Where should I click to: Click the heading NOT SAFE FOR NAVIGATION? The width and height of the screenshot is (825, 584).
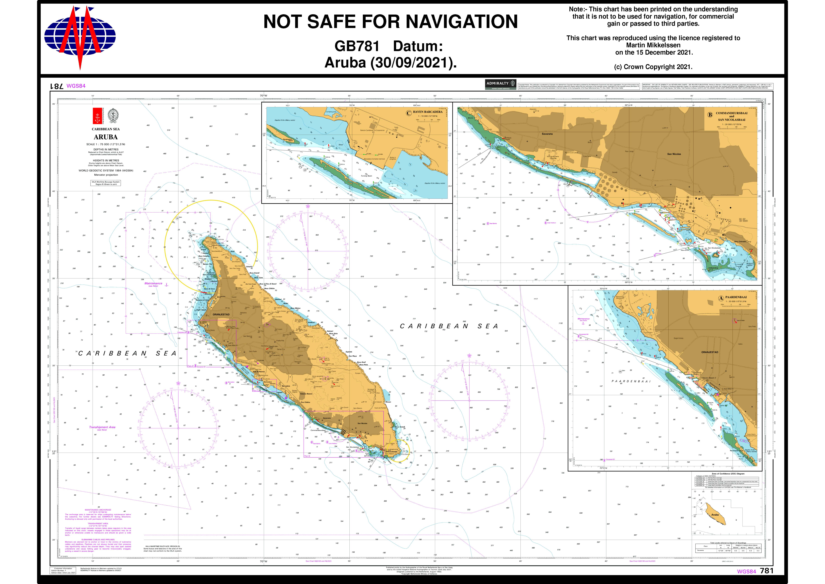click(x=391, y=22)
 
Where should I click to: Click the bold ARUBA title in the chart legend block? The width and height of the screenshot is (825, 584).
click(x=106, y=137)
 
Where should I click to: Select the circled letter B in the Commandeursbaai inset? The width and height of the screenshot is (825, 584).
click(x=710, y=115)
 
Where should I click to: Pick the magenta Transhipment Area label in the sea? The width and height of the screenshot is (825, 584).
click(x=102, y=427)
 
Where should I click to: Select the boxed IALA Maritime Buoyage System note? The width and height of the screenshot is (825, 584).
click(x=106, y=183)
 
